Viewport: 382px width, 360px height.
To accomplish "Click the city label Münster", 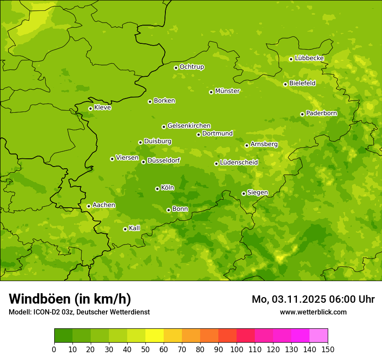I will point(227,91).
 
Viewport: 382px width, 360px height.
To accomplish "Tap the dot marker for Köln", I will point(157,189).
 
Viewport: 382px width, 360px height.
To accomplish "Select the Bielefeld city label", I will point(303,83).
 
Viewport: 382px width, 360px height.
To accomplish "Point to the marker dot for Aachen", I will point(89,206).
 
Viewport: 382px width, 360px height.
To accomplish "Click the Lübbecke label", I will point(309,58).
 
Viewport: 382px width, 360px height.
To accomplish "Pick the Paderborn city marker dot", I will point(302,114).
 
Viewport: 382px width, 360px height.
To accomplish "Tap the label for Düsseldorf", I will point(164,160).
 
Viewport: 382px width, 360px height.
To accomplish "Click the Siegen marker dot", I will point(244,193).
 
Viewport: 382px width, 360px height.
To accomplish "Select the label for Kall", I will point(135,228).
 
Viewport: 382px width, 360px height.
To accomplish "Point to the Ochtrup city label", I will point(192,67).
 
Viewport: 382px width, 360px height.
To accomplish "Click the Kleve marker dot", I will point(90,108).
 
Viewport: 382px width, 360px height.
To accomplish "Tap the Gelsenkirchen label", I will point(189,126).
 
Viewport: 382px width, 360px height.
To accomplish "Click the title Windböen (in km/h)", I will point(70,299).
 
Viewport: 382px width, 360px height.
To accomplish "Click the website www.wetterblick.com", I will point(313,312).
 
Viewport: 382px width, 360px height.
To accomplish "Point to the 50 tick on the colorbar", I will point(145,349).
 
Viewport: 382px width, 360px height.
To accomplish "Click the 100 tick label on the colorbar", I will point(237,349).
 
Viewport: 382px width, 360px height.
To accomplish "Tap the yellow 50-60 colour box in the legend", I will point(155,336).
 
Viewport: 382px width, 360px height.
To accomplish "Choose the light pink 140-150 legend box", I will point(319,336).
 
